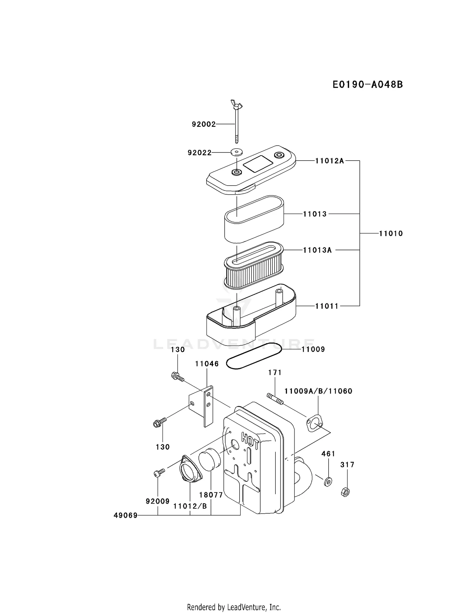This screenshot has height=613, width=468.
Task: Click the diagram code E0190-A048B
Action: (367, 84)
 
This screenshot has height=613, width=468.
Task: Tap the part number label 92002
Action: (204, 124)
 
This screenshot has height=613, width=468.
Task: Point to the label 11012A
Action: (329, 161)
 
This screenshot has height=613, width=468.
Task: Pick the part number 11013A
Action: (317, 250)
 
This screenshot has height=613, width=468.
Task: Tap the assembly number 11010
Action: (391, 233)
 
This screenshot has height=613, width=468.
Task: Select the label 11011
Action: (327, 306)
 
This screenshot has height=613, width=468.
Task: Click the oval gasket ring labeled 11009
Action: (253, 356)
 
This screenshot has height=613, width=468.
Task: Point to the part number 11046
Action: (207, 364)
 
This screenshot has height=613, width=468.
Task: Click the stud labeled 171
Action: (275, 400)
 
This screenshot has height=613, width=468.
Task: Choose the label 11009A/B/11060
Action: (318, 391)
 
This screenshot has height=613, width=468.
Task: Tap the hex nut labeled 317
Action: (345, 492)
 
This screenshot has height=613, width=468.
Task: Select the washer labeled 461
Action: (328, 482)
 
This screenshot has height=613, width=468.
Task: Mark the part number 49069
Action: (125, 516)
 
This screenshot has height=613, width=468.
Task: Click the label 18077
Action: (211, 495)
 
